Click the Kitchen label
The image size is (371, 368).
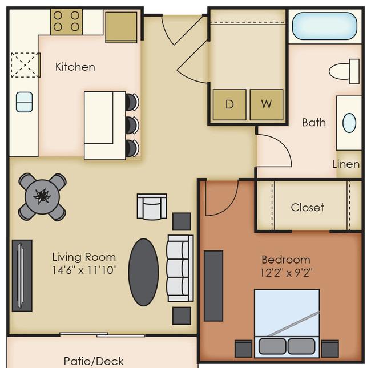75,67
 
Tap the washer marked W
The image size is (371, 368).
267,104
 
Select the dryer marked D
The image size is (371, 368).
229,104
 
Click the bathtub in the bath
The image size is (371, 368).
325,26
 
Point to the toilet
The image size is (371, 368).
344,71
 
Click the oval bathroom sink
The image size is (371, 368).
349,123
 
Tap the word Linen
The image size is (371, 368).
346,164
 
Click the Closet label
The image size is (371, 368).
307,208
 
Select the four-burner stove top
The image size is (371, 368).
66,22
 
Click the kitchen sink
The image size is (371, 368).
25,102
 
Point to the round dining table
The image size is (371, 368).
42,197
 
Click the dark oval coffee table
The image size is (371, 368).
143,272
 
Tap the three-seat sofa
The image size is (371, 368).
180,268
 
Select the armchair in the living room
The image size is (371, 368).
152,207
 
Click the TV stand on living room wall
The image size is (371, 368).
22,276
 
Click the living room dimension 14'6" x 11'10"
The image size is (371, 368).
84,270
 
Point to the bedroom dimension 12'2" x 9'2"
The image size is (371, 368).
287,273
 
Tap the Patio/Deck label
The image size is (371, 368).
94,361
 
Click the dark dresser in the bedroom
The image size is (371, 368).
213,286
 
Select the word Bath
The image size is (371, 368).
314,123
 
